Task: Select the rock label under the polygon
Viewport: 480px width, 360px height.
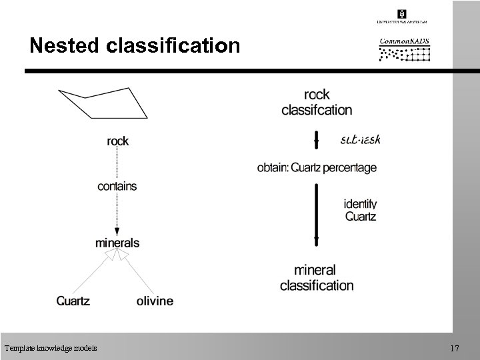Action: coord(118,141)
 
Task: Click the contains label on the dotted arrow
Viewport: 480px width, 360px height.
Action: coord(117,186)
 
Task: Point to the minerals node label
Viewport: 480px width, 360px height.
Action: coord(117,243)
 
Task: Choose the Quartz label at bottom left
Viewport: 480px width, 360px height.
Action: coord(73,301)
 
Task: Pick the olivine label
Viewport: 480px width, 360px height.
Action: coord(155,301)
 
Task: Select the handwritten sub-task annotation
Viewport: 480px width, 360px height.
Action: coord(360,140)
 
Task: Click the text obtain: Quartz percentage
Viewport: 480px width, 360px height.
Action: coord(317,168)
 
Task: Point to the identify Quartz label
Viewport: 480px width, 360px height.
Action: coord(360,210)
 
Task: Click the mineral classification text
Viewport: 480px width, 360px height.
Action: coord(317,278)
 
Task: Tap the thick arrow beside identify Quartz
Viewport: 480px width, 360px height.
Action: coord(317,217)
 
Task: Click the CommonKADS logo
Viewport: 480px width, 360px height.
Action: coord(405,48)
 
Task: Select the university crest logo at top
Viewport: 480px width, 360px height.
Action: coord(402,14)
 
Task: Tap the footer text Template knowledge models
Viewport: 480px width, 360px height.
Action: coord(50,348)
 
